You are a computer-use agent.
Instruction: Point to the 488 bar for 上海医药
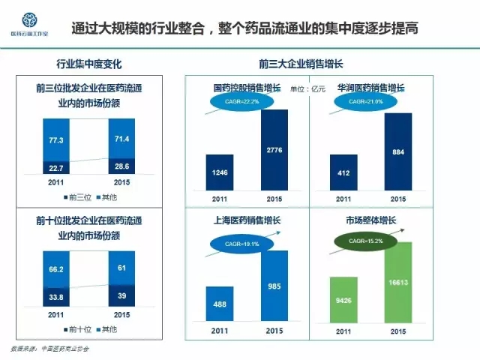tap(220, 309)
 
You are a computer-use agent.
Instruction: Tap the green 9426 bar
tap(343, 303)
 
